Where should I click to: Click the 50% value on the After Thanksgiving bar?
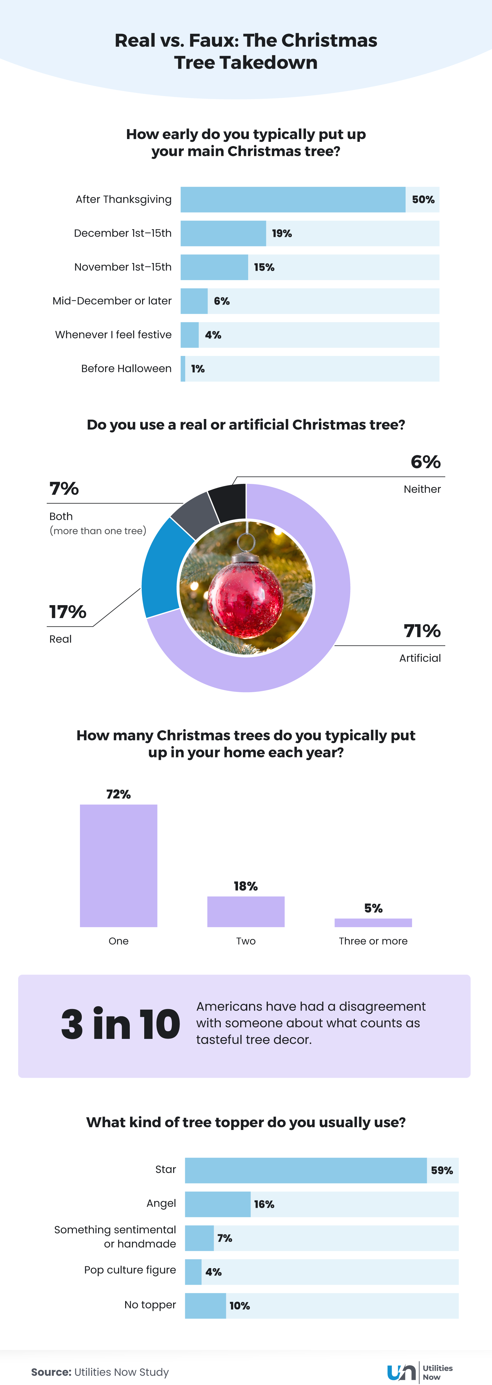click(x=423, y=199)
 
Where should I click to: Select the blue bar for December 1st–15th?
click(x=223, y=233)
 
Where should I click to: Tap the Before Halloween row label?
click(x=126, y=368)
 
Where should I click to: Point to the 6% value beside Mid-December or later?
click(x=221, y=301)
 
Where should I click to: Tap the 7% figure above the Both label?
click(x=64, y=489)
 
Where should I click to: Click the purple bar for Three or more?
click(x=373, y=923)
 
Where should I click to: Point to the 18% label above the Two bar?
click(x=245, y=886)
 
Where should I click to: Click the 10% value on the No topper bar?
click(x=240, y=1305)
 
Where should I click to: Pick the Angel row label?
click(x=161, y=1203)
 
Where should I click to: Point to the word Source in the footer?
click(x=50, y=1372)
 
